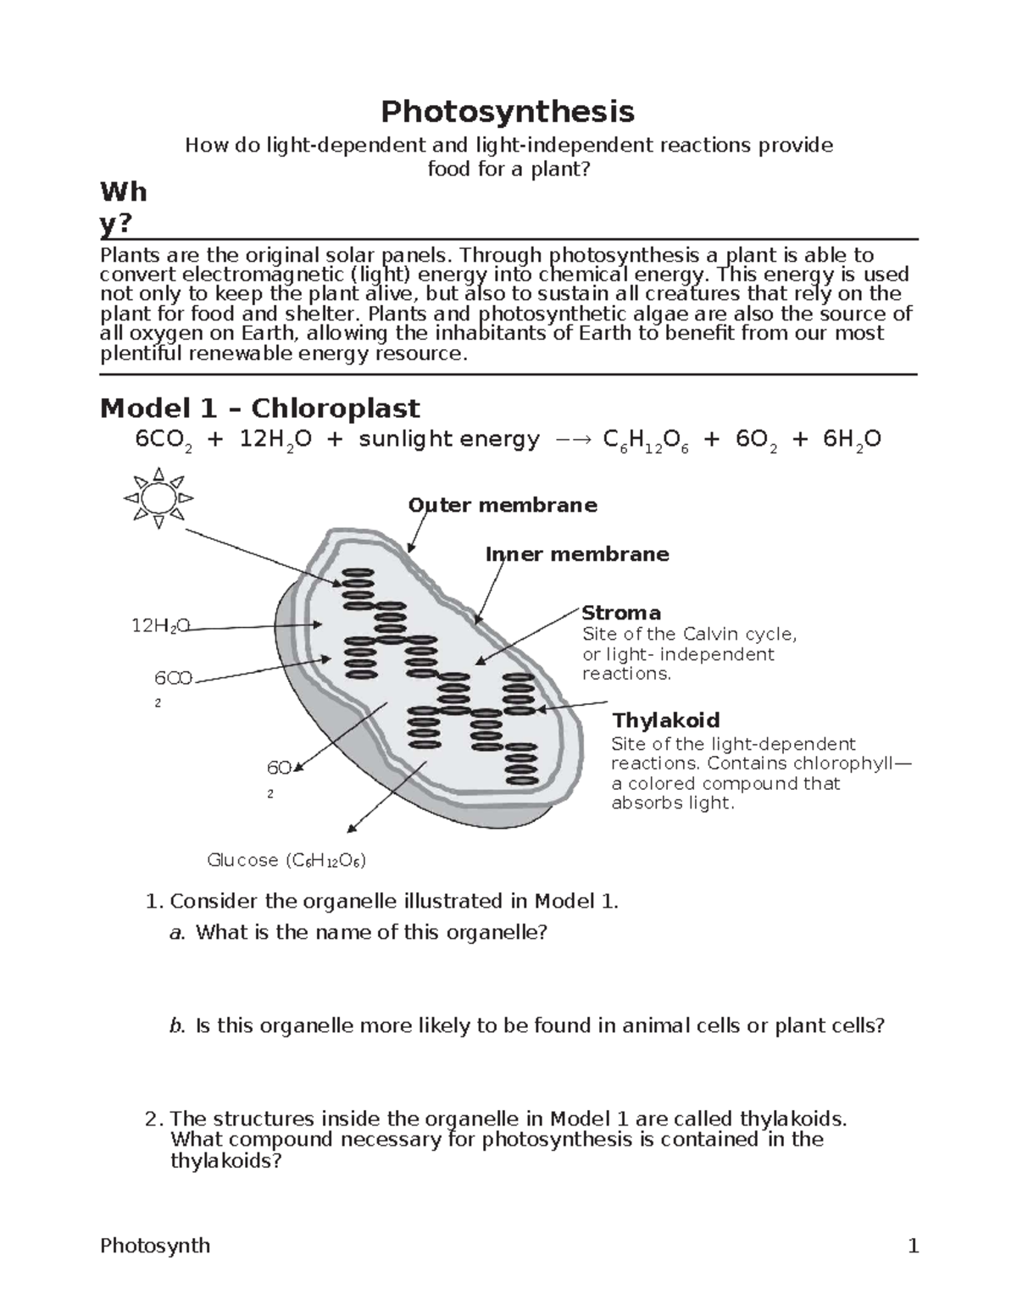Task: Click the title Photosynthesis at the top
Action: [508, 111]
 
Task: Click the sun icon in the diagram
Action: [158, 497]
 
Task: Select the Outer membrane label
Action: [503, 506]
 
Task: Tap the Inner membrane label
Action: [577, 554]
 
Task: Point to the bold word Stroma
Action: [621, 613]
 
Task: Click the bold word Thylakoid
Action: [665, 720]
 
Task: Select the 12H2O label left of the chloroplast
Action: [160, 626]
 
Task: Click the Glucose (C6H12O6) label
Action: [286, 860]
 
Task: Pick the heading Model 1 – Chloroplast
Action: [259, 408]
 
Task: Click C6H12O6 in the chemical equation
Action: [645, 441]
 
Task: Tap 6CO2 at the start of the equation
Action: [164, 441]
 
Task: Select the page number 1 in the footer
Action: [913, 1246]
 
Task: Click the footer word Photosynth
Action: [155, 1246]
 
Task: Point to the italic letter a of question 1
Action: [176, 933]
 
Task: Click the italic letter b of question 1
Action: [176, 1026]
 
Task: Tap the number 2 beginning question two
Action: [152, 1119]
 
